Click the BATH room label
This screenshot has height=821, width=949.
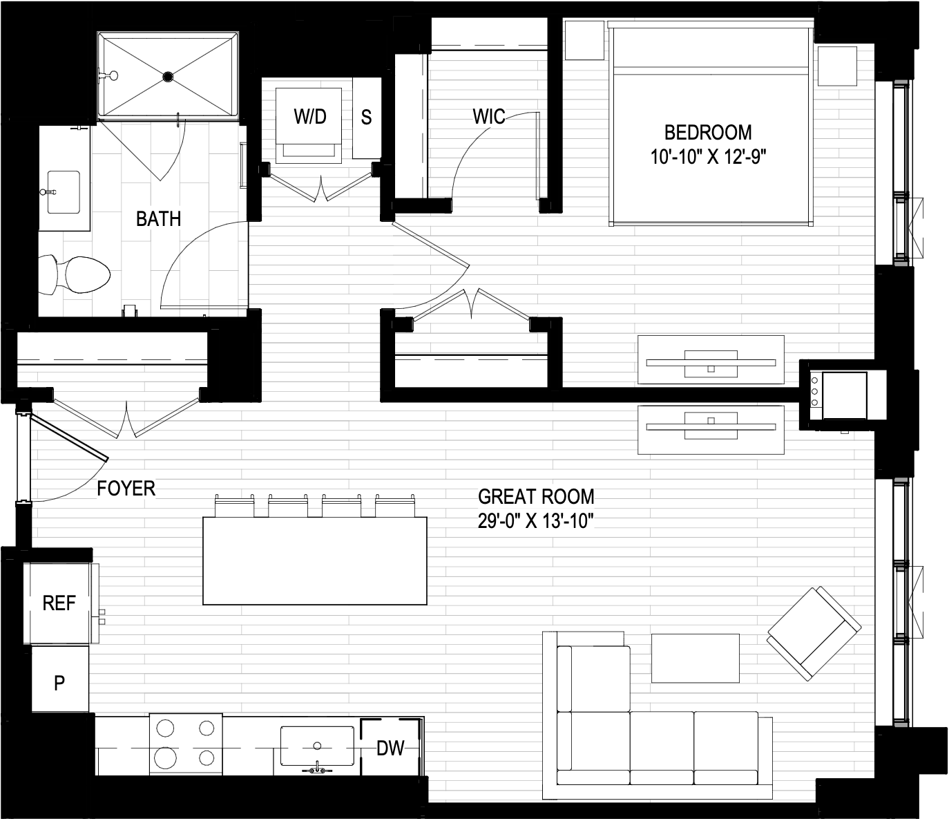[x=158, y=218]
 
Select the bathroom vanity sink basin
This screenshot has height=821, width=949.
[x=64, y=192]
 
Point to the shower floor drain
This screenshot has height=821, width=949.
[x=168, y=76]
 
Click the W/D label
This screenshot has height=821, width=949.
[x=310, y=117]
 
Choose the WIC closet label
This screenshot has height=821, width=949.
[x=488, y=117]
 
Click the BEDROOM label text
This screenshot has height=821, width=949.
[x=708, y=133]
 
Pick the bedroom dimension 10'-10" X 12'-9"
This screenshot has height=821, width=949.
[x=709, y=158]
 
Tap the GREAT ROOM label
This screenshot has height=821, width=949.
[x=536, y=497]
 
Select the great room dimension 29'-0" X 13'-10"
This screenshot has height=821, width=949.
[x=536, y=522]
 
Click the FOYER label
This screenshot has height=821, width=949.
[x=126, y=489]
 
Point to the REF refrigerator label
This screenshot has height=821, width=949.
[x=59, y=603]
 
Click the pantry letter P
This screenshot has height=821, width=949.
[x=59, y=683]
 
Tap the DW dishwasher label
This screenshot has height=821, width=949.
[x=390, y=748]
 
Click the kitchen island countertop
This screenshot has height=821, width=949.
[x=314, y=560]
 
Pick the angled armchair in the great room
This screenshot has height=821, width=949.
[x=814, y=634]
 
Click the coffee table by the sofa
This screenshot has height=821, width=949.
[x=695, y=659]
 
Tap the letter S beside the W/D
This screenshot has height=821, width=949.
[x=366, y=117]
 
